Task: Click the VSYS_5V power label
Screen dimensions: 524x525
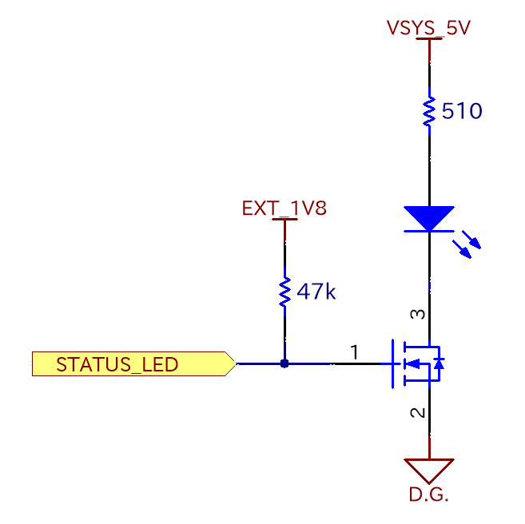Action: [428, 28]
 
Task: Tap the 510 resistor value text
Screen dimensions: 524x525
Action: [462, 111]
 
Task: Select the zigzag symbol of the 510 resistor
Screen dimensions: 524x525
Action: [429, 111]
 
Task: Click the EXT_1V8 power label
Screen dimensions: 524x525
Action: [284, 209]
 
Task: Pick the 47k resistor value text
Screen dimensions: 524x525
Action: [316, 292]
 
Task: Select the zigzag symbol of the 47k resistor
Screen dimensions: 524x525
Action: [284, 292]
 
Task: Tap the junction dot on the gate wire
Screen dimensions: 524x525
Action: [284, 364]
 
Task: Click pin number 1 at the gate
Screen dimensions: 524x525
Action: [354, 351]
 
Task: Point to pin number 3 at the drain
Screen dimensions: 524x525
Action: [417, 315]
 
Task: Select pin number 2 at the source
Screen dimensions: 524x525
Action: [417, 413]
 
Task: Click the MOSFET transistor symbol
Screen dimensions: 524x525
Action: [416, 364]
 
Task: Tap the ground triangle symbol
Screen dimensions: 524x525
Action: [429, 469]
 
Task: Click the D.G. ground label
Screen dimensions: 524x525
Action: [429, 495]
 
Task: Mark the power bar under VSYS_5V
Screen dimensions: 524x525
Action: [429, 40]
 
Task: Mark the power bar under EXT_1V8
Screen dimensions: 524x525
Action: [284, 221]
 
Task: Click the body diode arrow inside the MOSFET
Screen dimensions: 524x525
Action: [438, 363]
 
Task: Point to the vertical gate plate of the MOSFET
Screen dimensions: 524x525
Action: [392, 364]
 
